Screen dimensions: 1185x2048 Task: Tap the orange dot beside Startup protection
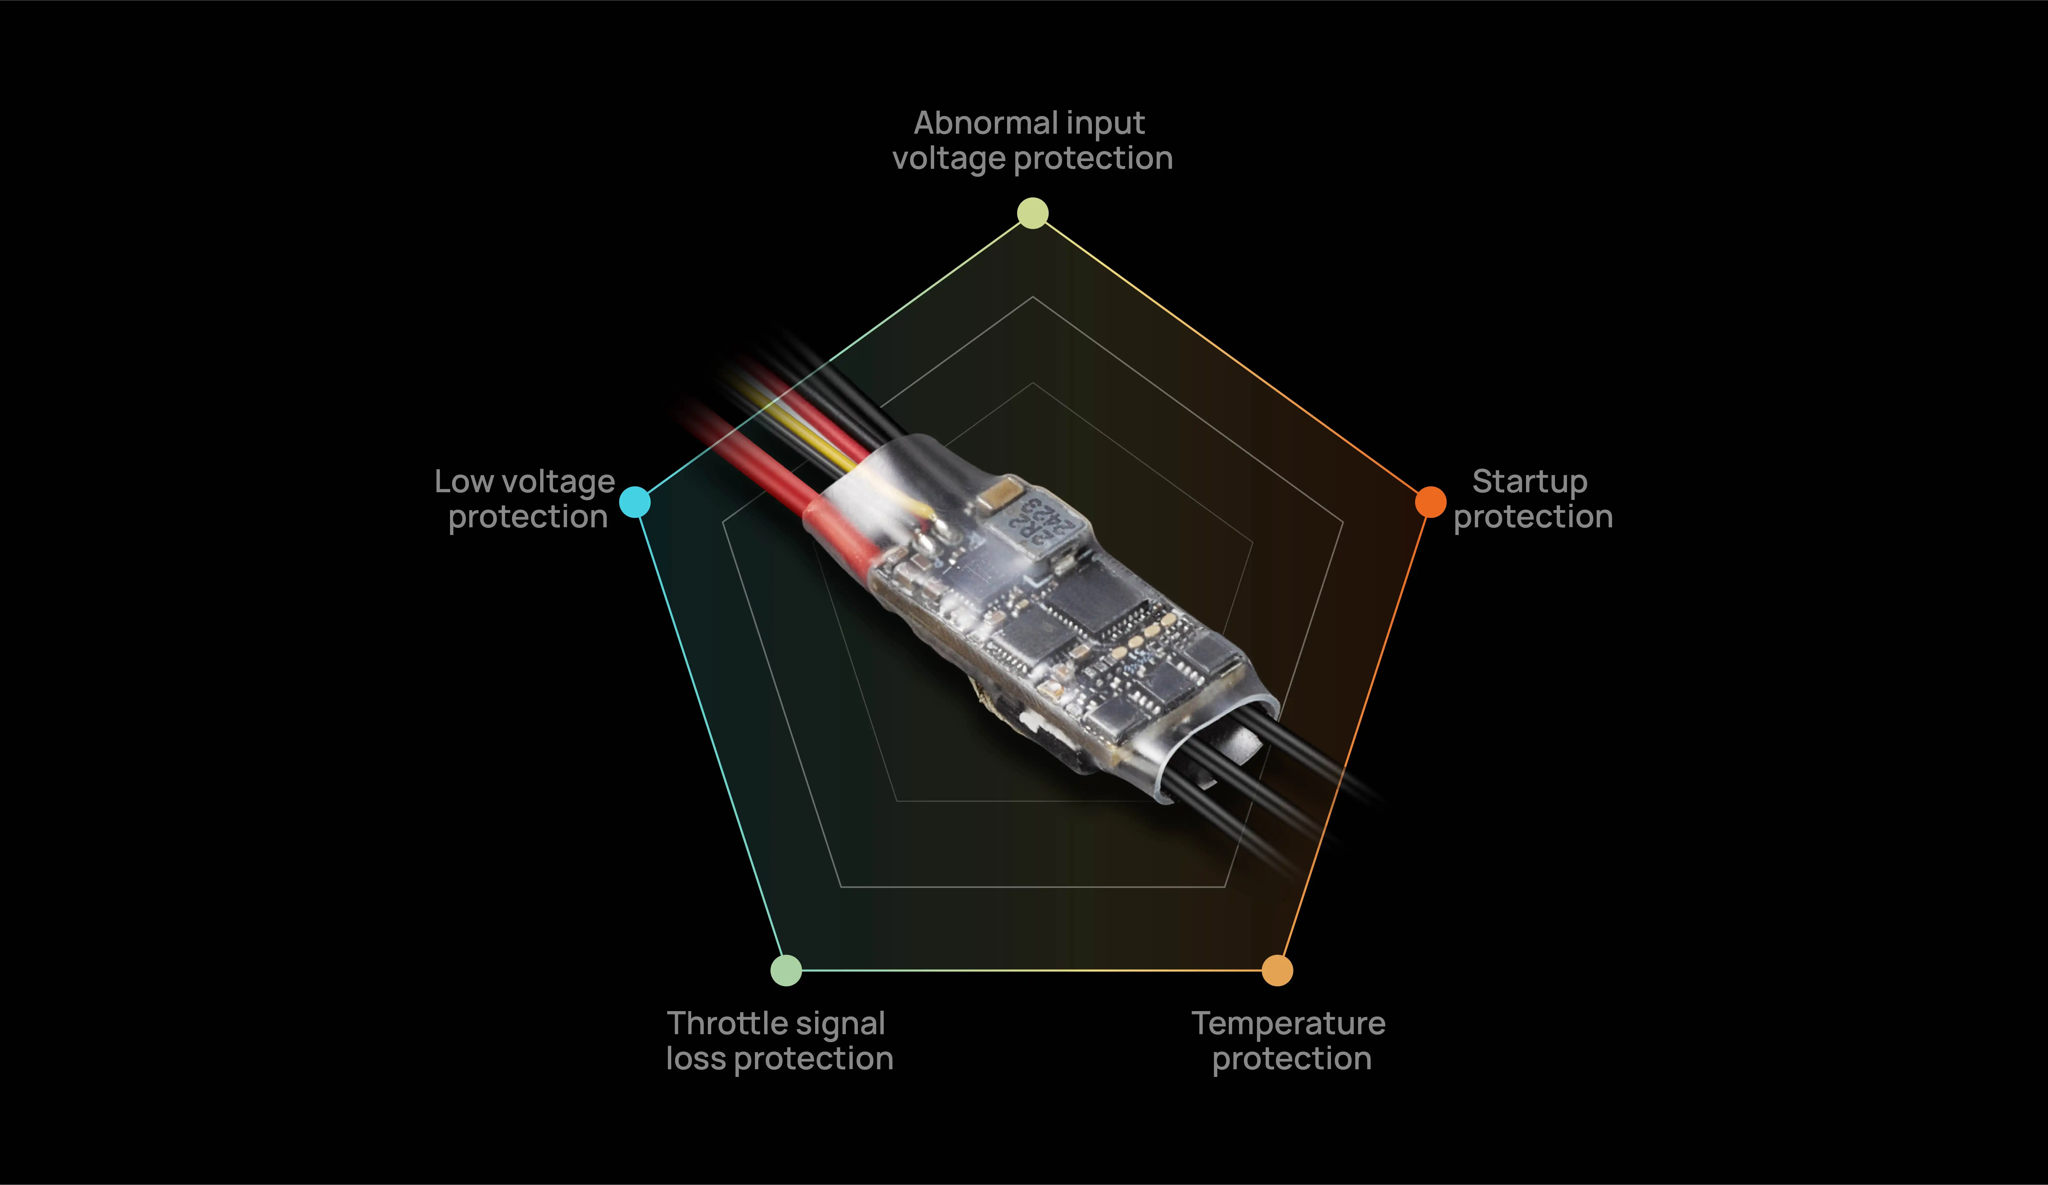pos(1430,501)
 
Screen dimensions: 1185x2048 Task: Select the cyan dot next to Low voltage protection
pos(635,501)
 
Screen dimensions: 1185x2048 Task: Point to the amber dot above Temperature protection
pos(1277,970)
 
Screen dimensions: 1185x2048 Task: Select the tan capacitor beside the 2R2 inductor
pos(1001,492)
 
